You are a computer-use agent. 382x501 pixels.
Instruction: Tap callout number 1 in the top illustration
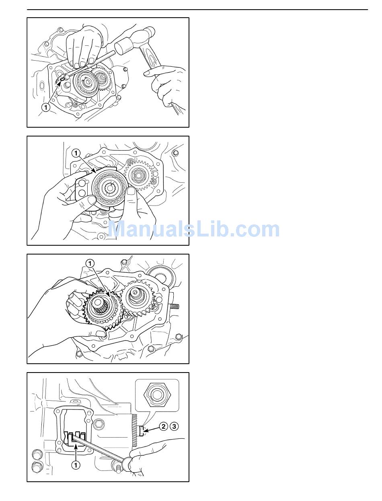[46, 107]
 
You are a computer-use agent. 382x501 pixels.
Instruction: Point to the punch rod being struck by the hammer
[90, 64]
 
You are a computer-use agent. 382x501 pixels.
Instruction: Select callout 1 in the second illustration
[76, 153]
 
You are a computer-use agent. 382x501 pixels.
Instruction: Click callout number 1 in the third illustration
[90, 264]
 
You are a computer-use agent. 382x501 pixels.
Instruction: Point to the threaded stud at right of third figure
[175, 306]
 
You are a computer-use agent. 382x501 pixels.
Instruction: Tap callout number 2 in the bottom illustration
[163, 426]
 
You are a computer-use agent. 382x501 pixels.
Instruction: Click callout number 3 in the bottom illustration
[174, 426]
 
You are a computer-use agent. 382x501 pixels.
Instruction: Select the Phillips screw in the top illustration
[76, 104]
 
